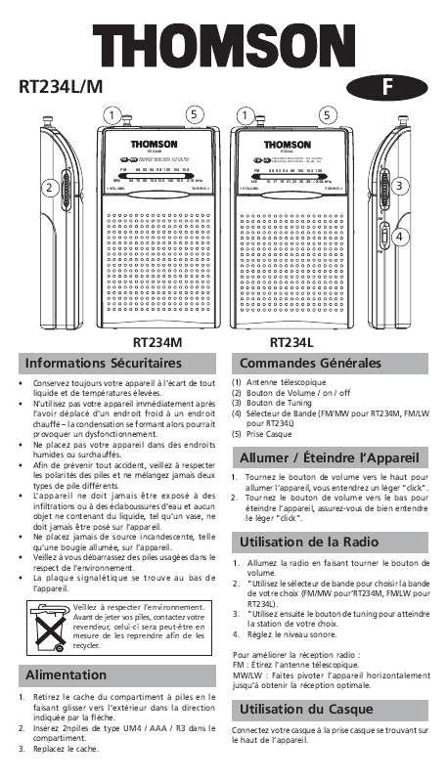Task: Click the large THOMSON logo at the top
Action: (223, 47)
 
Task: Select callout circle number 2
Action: (46, 187)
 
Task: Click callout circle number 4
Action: (401, 236)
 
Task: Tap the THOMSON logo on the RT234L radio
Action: (291, 144)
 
